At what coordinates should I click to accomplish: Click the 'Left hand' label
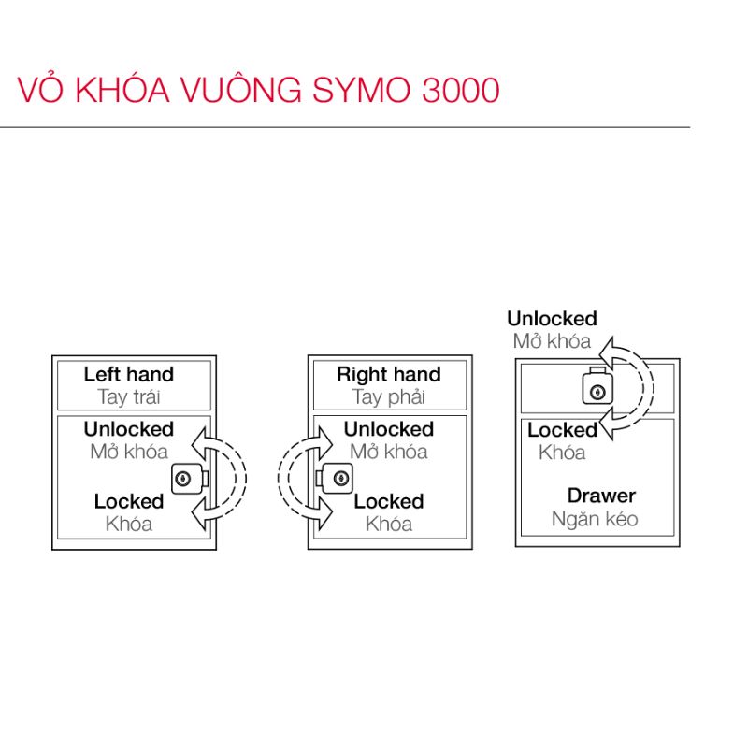(129, 375)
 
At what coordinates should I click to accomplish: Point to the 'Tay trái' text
(129, 397)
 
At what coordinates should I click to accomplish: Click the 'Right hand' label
(388, 375)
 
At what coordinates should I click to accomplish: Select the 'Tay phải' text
(388, 397)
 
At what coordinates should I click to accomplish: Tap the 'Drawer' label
(601, 496)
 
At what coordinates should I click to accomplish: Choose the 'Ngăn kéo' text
(595, 519)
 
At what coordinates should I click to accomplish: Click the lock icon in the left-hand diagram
(185, 479)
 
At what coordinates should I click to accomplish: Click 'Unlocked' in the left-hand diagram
(129, 429)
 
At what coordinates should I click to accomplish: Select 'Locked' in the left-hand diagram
(129, 502)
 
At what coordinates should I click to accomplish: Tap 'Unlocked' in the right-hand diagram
(388, 429)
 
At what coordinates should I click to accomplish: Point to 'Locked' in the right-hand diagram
(388, 502)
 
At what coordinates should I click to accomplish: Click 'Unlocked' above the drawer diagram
(552, 319)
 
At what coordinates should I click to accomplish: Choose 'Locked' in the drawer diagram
(562, 431)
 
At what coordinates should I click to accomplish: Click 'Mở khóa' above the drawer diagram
(552, 341)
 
